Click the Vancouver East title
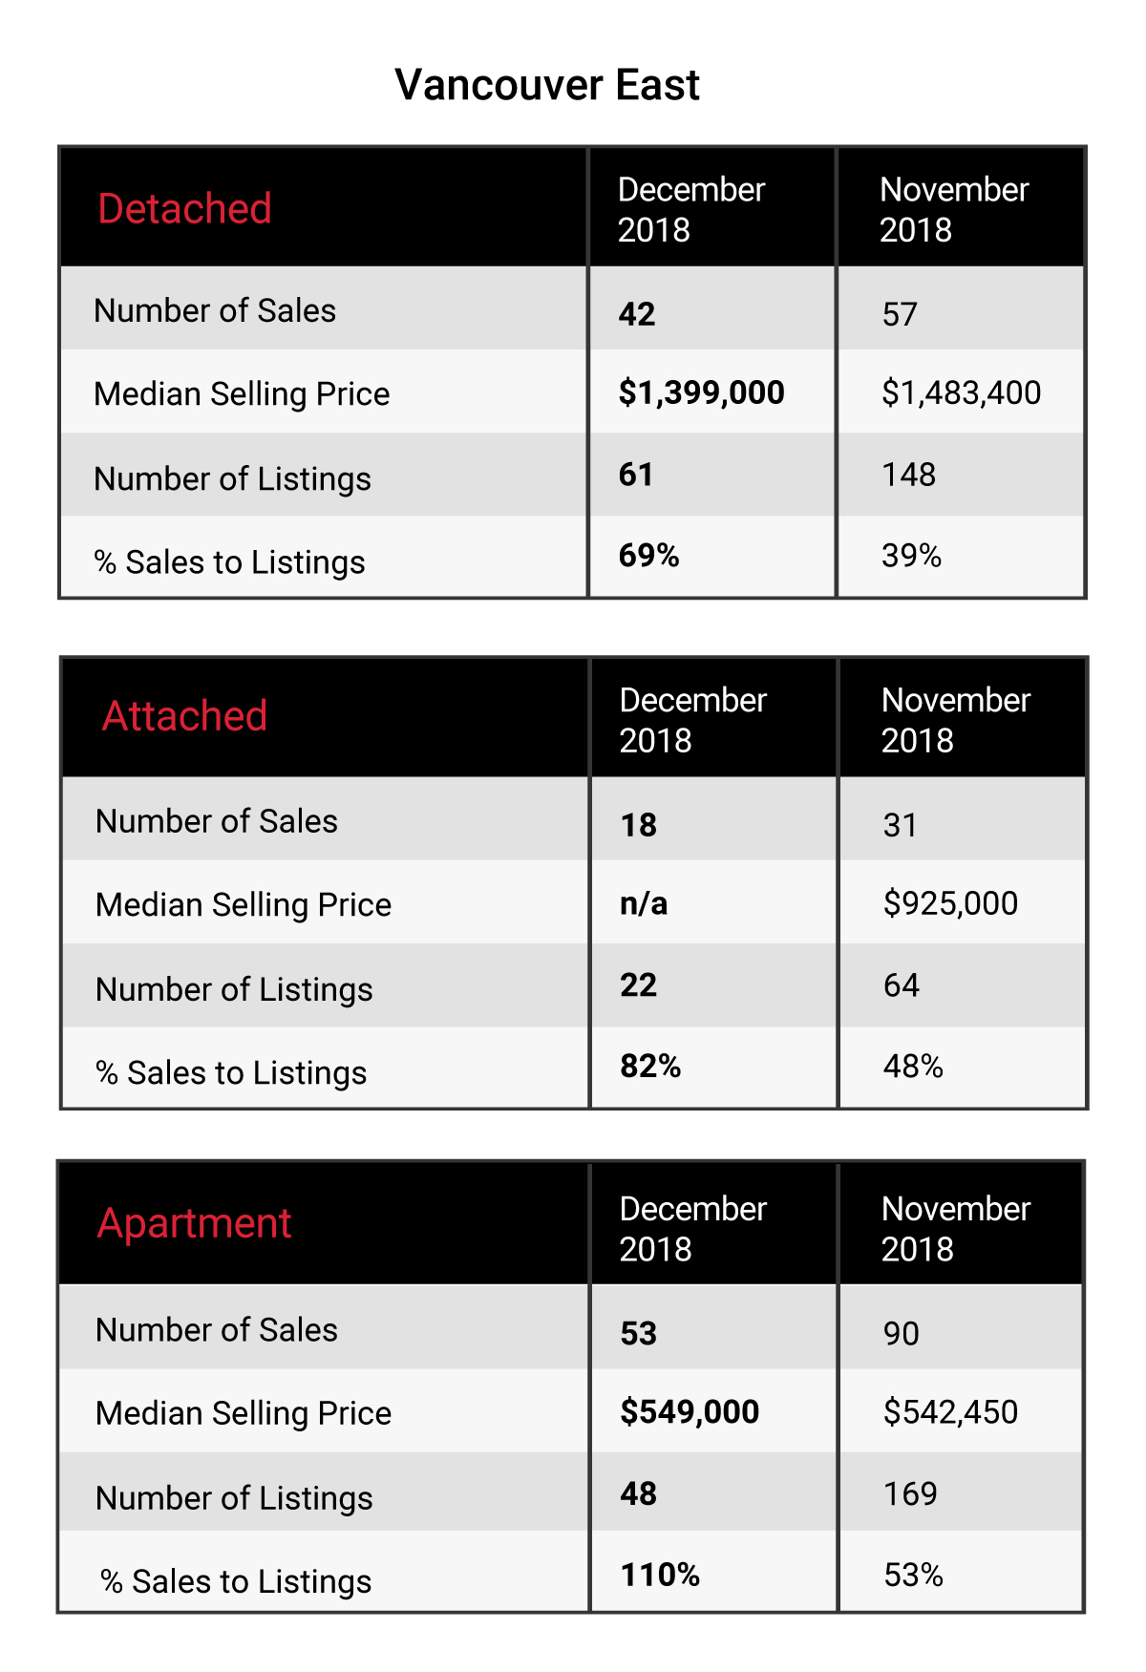click(547, 85)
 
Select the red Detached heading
click(185, 208)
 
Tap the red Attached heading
click(184, 716)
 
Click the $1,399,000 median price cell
click(701, 392)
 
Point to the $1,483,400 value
click(961, 392)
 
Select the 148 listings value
click(908, 475)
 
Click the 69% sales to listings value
click(648, 556)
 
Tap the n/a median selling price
click(644, 903)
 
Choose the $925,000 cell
click(950, 903)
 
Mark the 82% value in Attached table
click(650, 1067)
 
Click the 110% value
click(660, 1575)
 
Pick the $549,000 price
click(690, 1411)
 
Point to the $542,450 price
click(950, 1411)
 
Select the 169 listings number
click(910, 1493)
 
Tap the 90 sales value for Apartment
click(901, 1333)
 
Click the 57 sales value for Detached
click(900, 314)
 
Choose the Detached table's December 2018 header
click(691, 209)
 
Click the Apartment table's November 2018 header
click(956, 1229)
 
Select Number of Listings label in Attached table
click(234, 990)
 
